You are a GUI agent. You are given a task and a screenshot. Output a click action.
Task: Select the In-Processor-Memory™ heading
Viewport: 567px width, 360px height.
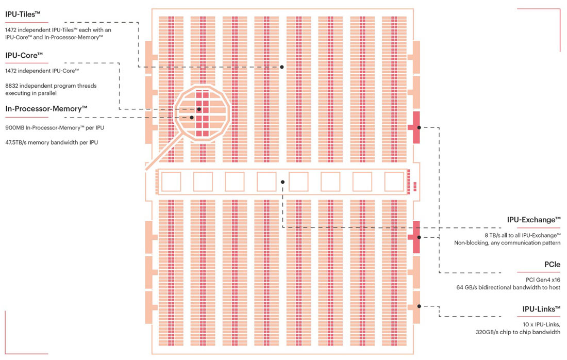[46, 109]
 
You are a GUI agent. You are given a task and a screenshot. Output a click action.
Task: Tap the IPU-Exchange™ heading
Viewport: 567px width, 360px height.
[533, 220]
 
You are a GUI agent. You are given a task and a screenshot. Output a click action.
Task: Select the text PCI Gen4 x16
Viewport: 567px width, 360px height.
[543, 280]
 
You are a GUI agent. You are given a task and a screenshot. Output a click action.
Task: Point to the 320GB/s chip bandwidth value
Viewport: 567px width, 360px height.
[489, 332]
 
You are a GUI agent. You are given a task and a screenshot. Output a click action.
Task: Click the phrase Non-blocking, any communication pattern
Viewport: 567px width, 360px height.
[507, 242]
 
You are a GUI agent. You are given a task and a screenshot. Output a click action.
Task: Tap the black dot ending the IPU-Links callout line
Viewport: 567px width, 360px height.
[419, 306]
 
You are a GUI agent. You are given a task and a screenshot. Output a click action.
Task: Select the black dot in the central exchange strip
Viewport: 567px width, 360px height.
[282, 182]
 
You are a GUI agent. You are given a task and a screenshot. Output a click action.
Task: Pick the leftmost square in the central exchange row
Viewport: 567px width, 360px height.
[171, 182]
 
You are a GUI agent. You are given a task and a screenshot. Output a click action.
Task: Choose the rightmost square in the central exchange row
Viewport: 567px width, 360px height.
[394, 182]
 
